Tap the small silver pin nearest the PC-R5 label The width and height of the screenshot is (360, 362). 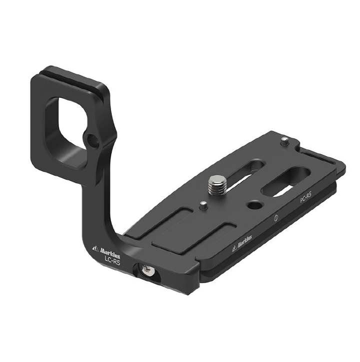coord(284,141)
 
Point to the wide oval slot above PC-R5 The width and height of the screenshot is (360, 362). coord(285,181)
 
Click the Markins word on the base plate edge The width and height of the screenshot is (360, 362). coord(244,242)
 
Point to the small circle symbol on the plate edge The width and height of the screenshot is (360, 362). coord(275,218)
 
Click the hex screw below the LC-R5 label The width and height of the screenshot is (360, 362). coord(147,271)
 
